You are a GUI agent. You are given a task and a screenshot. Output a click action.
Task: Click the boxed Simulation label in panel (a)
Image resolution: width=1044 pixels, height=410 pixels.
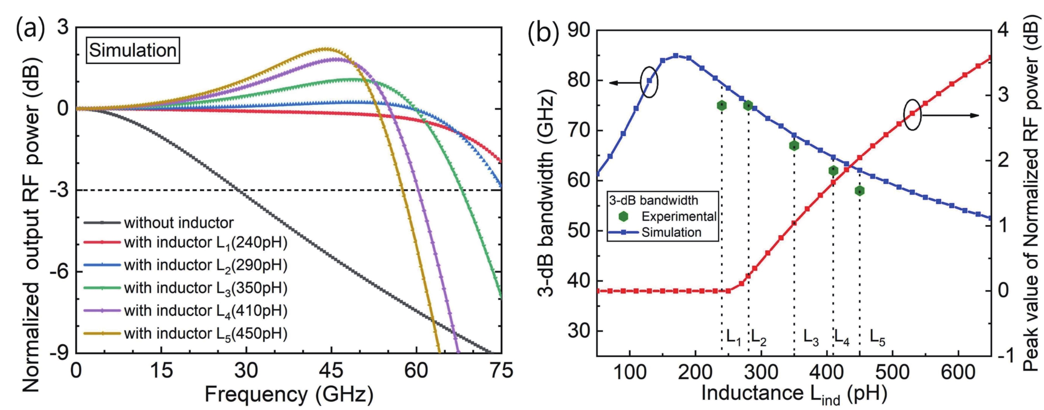[x=133, y=50]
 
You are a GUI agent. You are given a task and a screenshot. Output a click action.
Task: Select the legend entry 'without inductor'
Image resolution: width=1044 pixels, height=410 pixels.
[x=178, y=223]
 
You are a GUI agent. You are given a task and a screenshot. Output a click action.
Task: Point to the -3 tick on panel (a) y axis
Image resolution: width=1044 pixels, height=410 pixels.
[x=59, y=190]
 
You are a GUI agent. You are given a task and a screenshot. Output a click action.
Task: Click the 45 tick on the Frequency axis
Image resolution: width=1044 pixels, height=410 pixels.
[x=331, y=371]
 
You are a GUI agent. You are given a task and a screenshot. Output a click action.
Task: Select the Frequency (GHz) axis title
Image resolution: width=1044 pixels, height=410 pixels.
[x=289, y=394]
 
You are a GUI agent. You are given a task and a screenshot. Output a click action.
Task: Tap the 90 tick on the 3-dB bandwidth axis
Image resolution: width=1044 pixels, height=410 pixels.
[x=578, y=30]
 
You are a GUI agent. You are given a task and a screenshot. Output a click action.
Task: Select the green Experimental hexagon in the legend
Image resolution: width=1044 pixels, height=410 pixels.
[x=623, y=217]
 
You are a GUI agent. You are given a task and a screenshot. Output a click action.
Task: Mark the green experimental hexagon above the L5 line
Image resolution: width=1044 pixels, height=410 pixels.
[x=860, y=191]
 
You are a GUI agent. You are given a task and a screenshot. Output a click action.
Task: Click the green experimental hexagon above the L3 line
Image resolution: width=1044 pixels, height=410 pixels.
[x=794, y=146]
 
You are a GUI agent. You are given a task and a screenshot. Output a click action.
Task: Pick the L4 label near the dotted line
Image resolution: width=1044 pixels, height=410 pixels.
[x=842, y=336]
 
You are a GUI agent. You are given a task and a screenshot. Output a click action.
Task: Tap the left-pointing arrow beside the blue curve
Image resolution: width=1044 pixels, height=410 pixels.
[x=624, y=83]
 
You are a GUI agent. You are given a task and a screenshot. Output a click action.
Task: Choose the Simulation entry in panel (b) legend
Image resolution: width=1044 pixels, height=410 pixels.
[x=671, y=232]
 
